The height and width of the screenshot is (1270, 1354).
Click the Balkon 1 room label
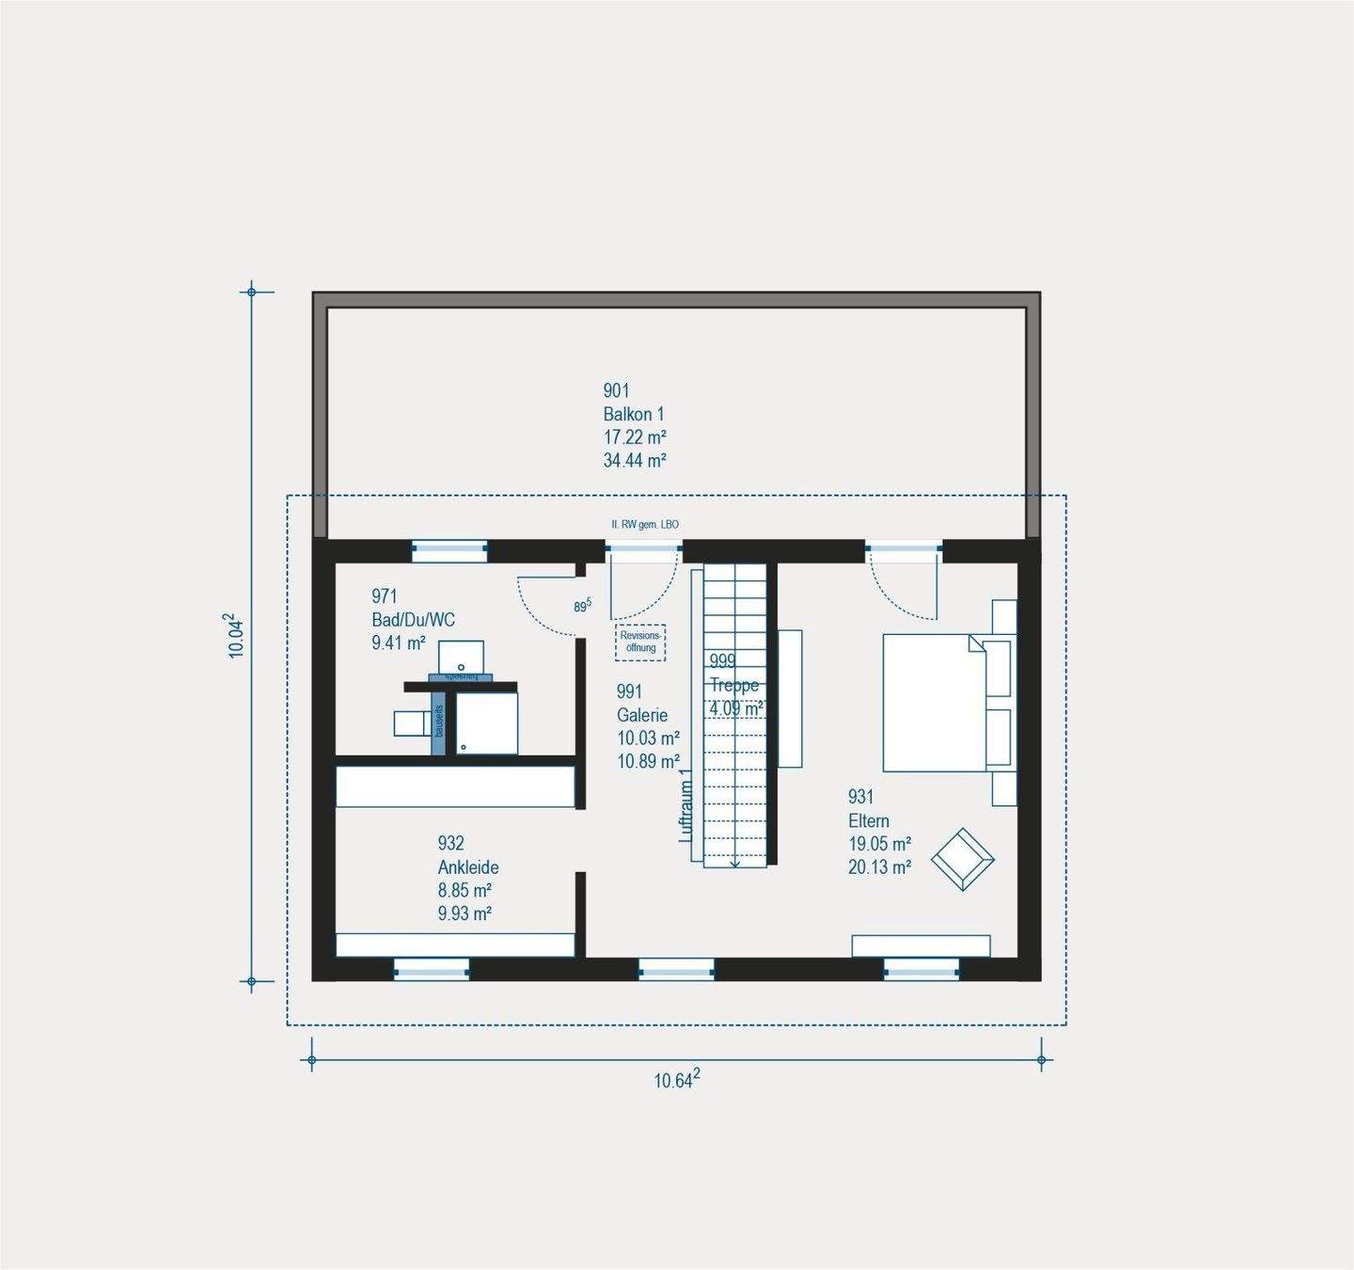pyautogui.click(x=634, y=414)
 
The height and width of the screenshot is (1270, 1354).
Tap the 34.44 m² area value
pyautogui.click(x=635, y=461)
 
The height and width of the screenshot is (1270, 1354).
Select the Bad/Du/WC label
pyautogui.click(x=413, y=620)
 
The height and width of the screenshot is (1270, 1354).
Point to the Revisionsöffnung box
pyautogui.click(x=640, y=642)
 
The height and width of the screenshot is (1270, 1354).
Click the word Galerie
pyautogui.click(x=642, y=715)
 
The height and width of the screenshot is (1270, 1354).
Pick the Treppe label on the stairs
pyautogui.click(x=733, y=685)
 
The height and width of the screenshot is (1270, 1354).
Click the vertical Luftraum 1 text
pyautogui.click(x=686, y=805)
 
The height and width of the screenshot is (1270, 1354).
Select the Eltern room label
pyautogui.click(x=868, y=820)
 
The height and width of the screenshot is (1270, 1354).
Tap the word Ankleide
pyautogui.click(x=468, y=867)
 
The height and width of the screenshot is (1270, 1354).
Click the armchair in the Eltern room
pyautogui.click(x=963, y=858)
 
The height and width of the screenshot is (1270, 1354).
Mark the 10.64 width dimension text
pyautogui.click(x=676, y=1080)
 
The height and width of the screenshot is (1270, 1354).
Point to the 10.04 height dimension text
pyautogui.click(x=237, y=636)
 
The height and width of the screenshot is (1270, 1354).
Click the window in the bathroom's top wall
pyautogui.click(x=449, y=551)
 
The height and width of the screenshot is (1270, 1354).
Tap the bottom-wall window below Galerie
pyautogui.click(x=676, y=969)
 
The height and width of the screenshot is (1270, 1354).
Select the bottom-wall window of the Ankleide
pyautogui.click(x=432, y=969)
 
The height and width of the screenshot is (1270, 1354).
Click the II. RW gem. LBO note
pyautogui.click(x=645, y=525)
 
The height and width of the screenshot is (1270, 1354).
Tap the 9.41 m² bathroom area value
pyautogui.click(x=399, y=643)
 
